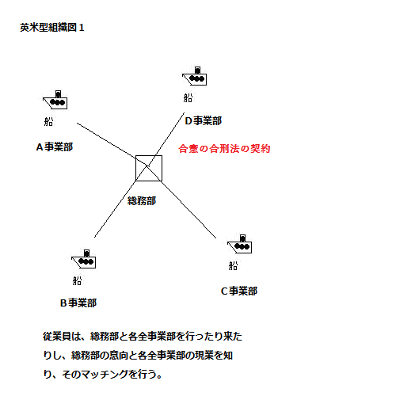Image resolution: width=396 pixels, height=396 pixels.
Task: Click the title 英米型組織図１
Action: tap(52, 28)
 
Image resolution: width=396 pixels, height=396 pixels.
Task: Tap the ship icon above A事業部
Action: tap(55, 100)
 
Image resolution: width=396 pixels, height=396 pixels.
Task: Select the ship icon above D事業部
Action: tap(195, 76)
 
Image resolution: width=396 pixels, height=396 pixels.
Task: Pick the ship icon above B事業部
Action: tap(84, 259)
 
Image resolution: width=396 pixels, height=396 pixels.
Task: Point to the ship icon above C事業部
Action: tap(240, 244)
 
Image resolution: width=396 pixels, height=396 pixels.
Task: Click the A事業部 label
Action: tap(55, 147)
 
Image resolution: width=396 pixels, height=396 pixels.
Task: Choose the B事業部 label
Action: tap(78, 303)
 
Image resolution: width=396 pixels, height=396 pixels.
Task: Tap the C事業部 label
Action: tap(239, 291)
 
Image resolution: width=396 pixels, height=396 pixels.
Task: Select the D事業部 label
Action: tap(204, 120)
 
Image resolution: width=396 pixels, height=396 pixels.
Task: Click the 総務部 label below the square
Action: tap(142, 200)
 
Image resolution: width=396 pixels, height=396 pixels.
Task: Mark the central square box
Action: tap(149, 155)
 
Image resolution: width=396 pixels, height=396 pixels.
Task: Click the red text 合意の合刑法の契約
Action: tap(224, 149)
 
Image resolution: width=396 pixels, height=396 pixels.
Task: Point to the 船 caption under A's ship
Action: tap(48, 121)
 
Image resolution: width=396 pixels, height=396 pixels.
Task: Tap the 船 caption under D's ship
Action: tap(188, 97)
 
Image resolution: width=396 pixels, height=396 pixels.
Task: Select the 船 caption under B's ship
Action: tap(77, 280)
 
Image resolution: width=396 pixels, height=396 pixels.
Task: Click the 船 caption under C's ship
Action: tap(233, 265)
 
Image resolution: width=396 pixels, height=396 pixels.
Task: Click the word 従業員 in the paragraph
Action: tap(57, 337)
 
